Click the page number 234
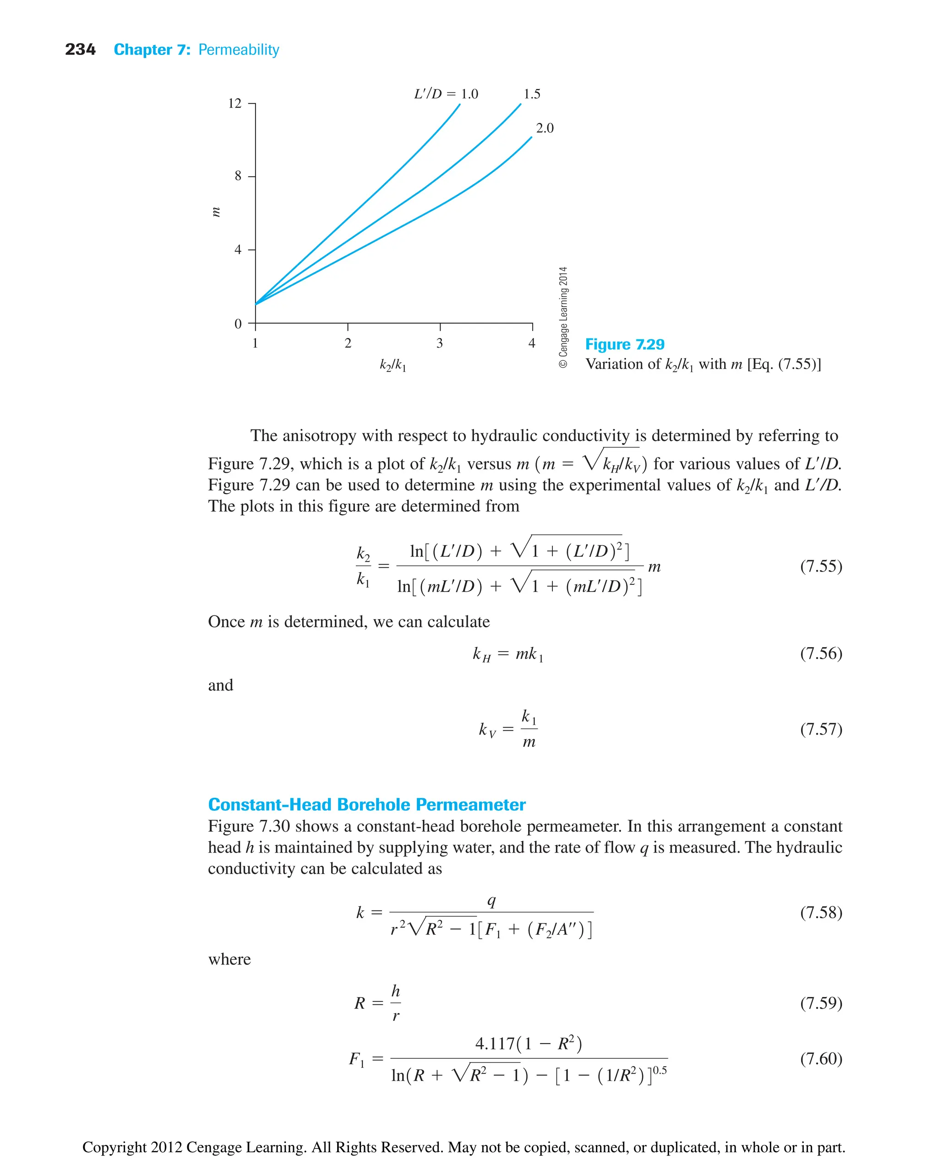pos(80,50)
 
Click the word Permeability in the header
pos(238,50)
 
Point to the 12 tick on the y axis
pos(235,103)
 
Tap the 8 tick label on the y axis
pos(238,176)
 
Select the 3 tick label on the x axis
pos(440,343)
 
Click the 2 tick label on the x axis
pos(348,343)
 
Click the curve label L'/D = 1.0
pos(446,94)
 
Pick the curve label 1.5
pos(532,94)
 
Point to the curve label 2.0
pos(545,128)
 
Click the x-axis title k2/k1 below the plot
pos(393,366)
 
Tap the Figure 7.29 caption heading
pos(625,344)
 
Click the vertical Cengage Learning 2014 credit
pos(563,318)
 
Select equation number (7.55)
pos(821,566)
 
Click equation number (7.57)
pos(821,729)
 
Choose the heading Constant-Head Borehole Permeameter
pos(366,805)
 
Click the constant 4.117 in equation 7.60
pos(494,1043)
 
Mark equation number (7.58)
pos(821,913)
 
